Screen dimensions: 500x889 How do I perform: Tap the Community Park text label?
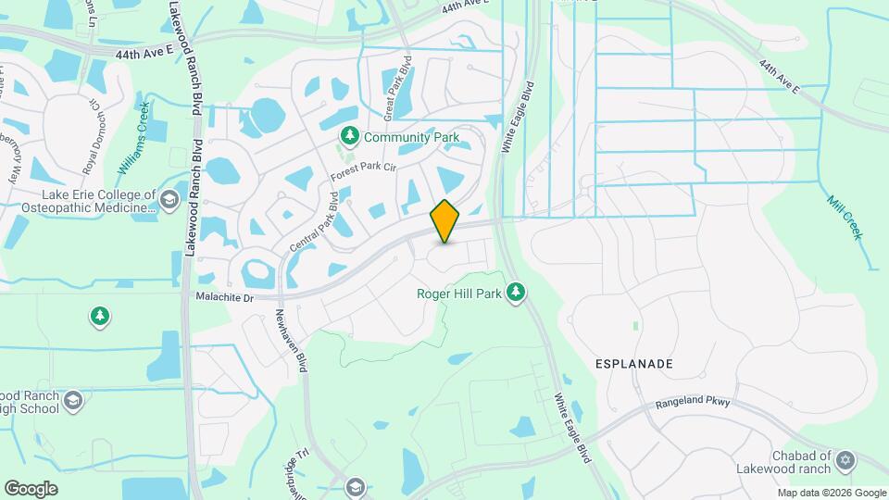point(411,137)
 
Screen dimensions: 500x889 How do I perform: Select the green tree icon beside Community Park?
point(350,137)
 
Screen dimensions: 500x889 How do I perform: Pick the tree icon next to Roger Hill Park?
point(516,294)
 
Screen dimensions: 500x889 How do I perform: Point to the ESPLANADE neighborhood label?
point(633,364)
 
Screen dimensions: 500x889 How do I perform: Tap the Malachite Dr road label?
point(224,297)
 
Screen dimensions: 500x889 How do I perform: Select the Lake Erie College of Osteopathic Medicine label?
point(96,201)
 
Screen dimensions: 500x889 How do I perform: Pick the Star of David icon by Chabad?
point(844,460)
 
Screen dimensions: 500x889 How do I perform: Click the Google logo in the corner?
point(31,489)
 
